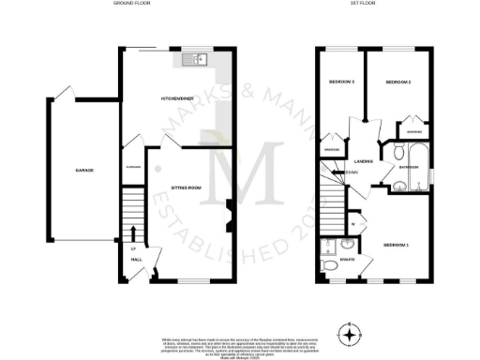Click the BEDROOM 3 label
tap(340, 82)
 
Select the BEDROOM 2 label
tap(398, 82)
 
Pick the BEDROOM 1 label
tap(397, 245)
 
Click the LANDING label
tap(365, 161)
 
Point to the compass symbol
tap(350, 333)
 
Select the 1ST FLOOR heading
tap(374, 6)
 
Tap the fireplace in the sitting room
tap(231, 212)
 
